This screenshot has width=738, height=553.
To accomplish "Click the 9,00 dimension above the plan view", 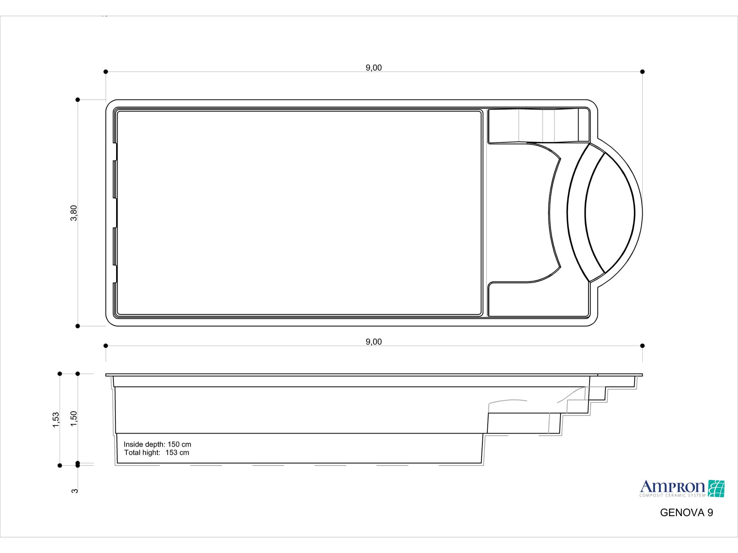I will pyautogui.click(x=374, y=68).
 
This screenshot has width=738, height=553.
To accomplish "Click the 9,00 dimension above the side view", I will pyautogui.click(x=374, y=342).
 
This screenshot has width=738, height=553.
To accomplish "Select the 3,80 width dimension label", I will pyautogui.click(x=74, y=213).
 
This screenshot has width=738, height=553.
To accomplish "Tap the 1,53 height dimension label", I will pyautogui.click(x=56, y=420).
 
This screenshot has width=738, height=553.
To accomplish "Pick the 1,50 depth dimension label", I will pyautogui.click(x=74, y=419).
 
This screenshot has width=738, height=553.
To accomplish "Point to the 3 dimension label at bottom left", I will pyautogui.click(x=75, y=491).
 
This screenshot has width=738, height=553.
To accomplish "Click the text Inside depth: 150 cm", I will pyautogui.click(x=157, y=444).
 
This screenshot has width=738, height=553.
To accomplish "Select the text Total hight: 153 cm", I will pyautogui.click(x=156, y=453).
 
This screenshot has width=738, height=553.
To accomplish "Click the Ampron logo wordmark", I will pyautogui.click(x=672, y=487).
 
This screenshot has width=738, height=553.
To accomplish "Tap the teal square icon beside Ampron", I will pyautogui.click(x=716, y=488).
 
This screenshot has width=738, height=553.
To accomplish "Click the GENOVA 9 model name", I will pyautogui.click(x=686, y=513).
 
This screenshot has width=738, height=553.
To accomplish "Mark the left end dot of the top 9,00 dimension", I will pyautogui.click(x=106, y=72).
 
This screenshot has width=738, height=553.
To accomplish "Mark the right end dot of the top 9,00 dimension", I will pyautogui.click(x=642, y=72).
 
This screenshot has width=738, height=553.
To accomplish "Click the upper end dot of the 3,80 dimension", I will pyautogui.click(x=78, y=100).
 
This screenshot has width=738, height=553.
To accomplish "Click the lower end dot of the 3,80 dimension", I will pyautogui.click(x=78, y=326).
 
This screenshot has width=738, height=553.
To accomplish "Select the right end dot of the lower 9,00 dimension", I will pyautogui.click(x=642, y=346).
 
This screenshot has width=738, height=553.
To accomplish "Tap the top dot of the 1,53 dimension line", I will pyautogui.click(x=60, y=374).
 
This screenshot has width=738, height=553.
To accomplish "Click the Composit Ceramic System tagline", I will pyautogui.click(x=672, y=495).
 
